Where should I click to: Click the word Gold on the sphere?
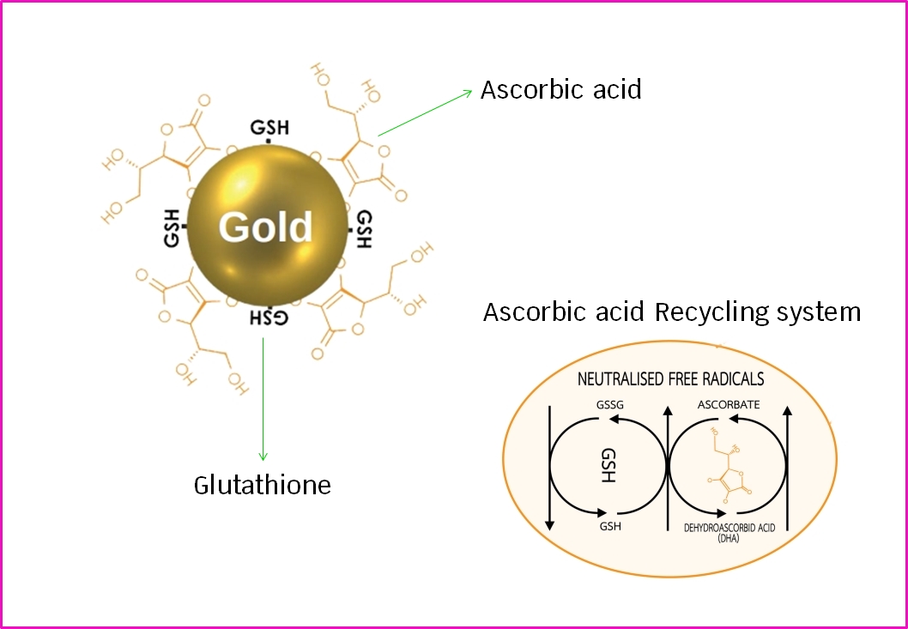click(x=265, y=227)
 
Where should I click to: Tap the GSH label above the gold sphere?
click(x=269, y=128)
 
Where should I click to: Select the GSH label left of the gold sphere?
click(x=172, y=227)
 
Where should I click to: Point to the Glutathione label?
click(x=262, y=485)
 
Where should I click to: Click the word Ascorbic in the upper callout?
click(x=532, y=89)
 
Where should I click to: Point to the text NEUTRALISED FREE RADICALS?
click(x=670, y=378)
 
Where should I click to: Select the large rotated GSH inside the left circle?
click(x=608, y=464)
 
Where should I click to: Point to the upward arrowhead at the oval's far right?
click(x=787, y=410)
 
